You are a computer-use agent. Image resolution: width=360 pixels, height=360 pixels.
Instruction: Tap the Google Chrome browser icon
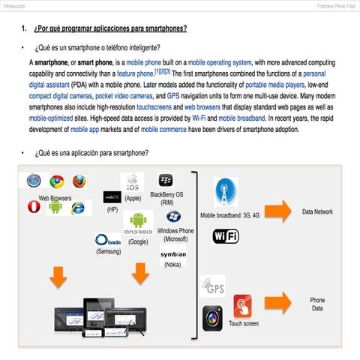pyautogui.click(x=56, y=181)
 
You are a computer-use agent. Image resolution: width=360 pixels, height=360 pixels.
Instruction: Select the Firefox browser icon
pyautogui.click(x=78, y=181)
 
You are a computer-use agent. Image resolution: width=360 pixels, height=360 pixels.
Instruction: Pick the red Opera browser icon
pyautogui.click(x=33, y=207)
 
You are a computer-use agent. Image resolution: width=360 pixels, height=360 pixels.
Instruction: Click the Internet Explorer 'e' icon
pyautogui.click(x=78, y=208)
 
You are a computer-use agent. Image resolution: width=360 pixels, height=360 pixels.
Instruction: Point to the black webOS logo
pyautogui.click(x=112, y=196)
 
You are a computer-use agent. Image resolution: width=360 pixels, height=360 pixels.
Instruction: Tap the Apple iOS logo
pyautogui.click(x=133, y=182)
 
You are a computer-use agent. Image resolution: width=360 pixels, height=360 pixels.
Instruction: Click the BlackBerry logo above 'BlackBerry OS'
pyautogui.click(x=166, y=181)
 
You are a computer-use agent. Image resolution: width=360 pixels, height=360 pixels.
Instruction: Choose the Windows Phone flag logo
pyautogui.click(x=173, y=216)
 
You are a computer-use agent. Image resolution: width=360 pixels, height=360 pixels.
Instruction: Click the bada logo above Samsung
pyautogui.click(x=108, y=241)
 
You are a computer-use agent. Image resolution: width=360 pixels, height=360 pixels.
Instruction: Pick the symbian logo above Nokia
pyautogui.click(x=173, y=255)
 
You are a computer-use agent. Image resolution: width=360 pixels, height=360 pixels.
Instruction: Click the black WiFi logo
pyautogui.click(x=226, y=236)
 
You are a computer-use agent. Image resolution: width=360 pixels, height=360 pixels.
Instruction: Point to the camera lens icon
pyautogui.click(x=212, y=318)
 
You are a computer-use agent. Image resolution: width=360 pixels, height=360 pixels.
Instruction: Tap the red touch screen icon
pyautogui.click(x=242, y=306)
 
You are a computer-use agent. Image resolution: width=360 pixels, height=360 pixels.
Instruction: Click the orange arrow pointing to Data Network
pyautogui.click(x=277, y=212)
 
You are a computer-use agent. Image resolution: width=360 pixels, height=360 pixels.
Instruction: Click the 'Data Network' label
pyautogui.click(x=317, y=212)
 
